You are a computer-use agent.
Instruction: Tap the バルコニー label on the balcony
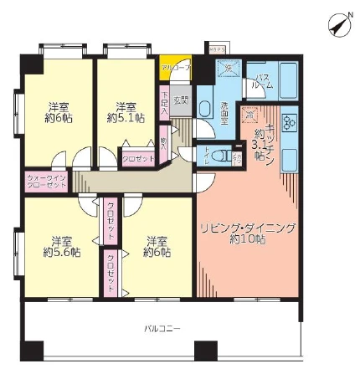pos(162,328)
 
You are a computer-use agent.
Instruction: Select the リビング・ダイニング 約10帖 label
pos(238,233)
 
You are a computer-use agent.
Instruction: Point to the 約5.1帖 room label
pos(126,111)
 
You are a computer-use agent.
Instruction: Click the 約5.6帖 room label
pos(61,244)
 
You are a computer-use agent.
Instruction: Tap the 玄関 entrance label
pos(183,100)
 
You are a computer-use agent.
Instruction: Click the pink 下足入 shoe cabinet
pos(165,101)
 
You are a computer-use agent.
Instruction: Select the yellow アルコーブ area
pos(175,66)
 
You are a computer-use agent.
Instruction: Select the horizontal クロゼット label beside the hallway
pos(136,158)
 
